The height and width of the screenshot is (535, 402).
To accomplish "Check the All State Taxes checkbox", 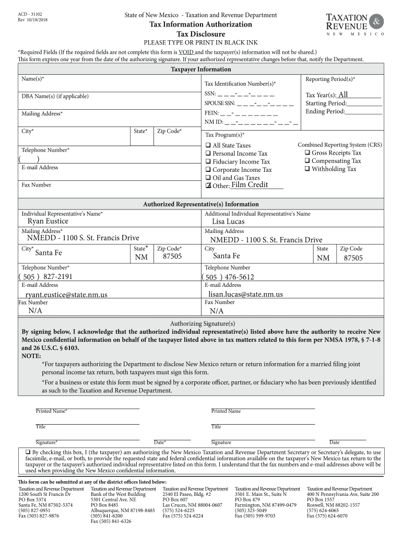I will pyautogui.click(x=208, y=145).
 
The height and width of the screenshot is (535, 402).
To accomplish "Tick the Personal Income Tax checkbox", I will pyautogui.click(x=208, y=154).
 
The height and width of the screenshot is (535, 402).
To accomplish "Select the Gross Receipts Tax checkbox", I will pyautogui.click(x=307, y=153).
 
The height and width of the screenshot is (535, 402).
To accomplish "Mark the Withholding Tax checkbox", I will pyautogui.click(x=307, y=169).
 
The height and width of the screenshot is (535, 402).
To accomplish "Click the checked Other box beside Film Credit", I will pyautogui.click(x=208, y=185).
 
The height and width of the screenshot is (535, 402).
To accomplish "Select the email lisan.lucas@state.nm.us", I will pyautogui.click(x=245, y=294).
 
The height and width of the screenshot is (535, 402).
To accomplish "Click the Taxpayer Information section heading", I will pyautogui.click(x=201, y=69).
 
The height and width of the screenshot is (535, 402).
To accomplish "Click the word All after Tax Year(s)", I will pyautogui.click(x=343, y=95).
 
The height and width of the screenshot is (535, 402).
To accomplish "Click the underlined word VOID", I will pyautogui.click(x=186, y=52).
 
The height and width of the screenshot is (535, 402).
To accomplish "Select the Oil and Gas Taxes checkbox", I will pyautogui.click(x=208, y=178).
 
